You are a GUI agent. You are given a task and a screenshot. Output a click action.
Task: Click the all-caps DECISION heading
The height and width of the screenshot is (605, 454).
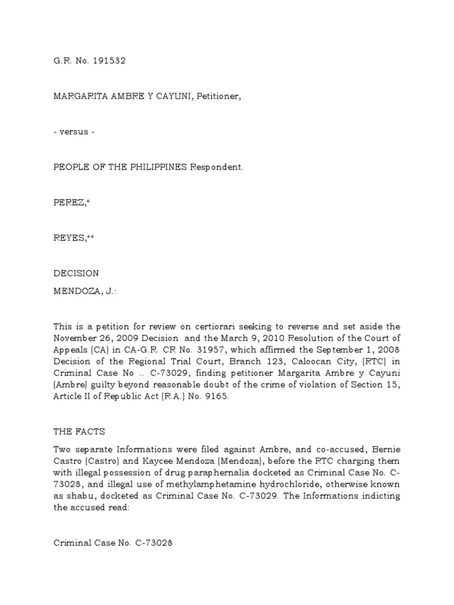coord(76,274)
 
